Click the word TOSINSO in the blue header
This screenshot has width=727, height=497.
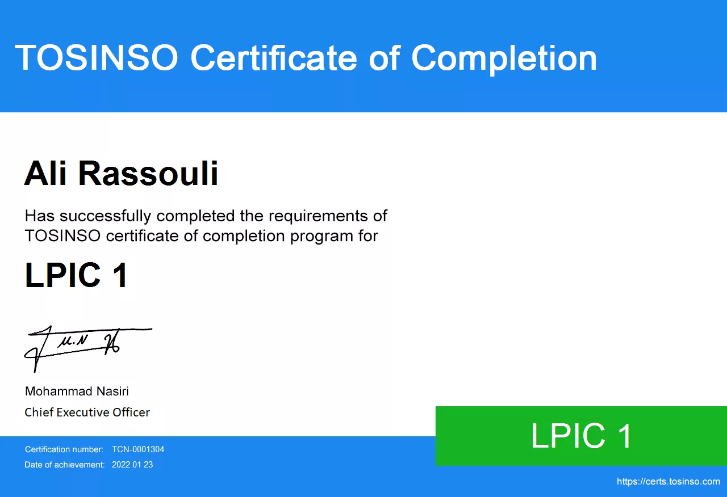(97, 58)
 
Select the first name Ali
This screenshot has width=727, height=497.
(45, 173)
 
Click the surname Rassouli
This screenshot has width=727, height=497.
(148, 173)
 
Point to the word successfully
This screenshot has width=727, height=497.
(106, 217)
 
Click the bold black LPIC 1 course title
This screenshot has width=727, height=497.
(76, 275)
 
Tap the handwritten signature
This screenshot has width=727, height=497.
(88, 349)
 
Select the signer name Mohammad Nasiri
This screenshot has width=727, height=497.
(77, 391)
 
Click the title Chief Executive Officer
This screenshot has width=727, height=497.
(87, 412)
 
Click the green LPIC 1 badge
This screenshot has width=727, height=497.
(581, 436)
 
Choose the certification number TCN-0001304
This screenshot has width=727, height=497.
(138, 449)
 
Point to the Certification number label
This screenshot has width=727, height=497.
(64, 449)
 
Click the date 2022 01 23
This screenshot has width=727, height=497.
(132, 465)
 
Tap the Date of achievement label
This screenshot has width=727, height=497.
(65, 465)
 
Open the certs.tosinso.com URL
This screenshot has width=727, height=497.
(668, 482)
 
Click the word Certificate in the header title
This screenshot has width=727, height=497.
(274, 58)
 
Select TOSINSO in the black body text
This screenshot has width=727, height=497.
(62, 235)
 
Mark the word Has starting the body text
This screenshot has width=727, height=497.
(40, 216)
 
